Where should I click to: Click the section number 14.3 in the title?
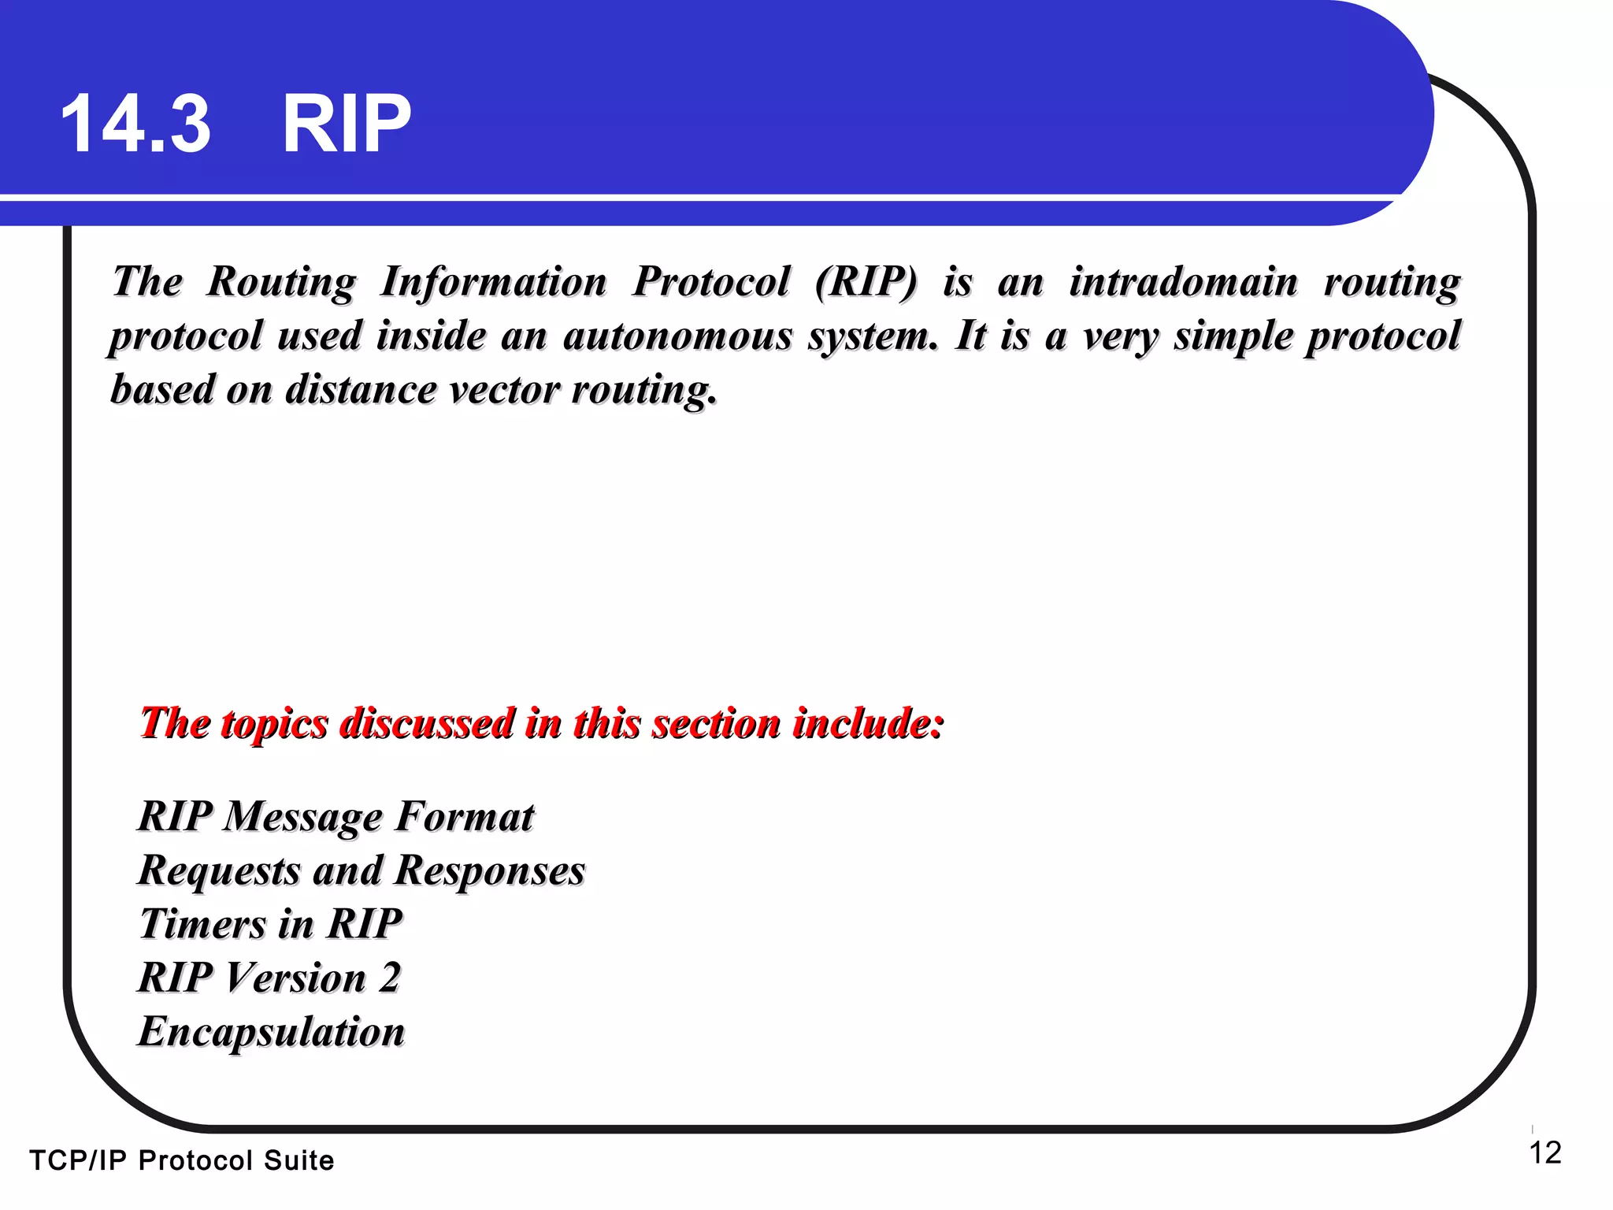point(135,124)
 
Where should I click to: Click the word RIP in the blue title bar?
point(347,124)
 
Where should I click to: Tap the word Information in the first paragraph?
point(493,282)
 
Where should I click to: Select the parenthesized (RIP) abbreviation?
point(866,282)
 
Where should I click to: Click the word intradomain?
point(1183,282)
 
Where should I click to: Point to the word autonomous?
point(677,336)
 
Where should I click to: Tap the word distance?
point(360,390)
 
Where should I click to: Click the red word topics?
point(274,724)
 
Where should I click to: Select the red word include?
point(868,722)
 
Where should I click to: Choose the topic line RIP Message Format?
point(336,817)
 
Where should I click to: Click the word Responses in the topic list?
point(490,871)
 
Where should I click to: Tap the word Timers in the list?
point(202,924)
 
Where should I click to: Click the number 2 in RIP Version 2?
point(390,978)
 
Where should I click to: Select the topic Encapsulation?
point(271,1032)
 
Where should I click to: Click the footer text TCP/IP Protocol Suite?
point(182,1160)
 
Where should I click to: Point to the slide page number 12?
point(1544,1153)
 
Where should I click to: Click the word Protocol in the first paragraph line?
point(710,282)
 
